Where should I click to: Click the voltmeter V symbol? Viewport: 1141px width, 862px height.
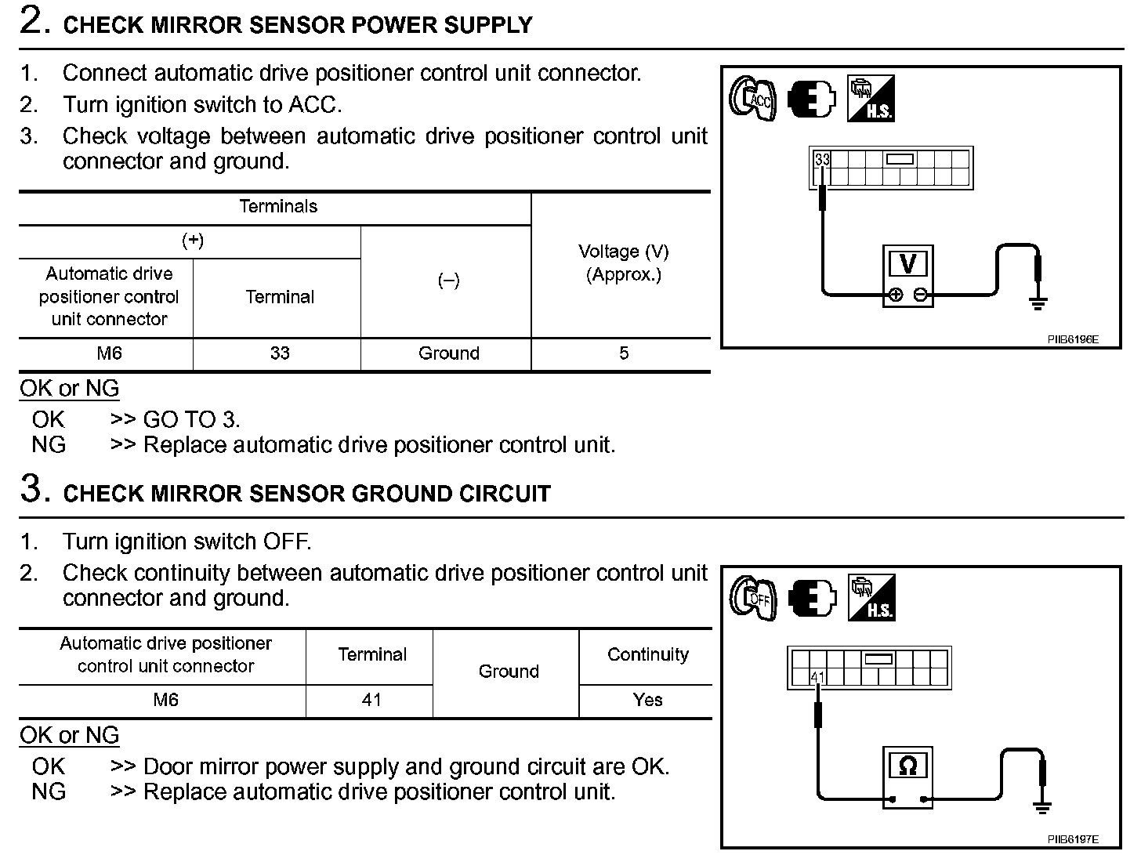[908, 264]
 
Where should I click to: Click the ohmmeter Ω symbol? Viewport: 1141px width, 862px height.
[907, 766]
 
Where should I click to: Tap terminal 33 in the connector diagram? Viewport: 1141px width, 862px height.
[821, 160]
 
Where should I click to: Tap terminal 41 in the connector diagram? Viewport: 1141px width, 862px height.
[817, 677]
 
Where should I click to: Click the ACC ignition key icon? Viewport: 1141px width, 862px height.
[753, 100]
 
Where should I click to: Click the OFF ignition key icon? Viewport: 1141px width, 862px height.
[753, 599]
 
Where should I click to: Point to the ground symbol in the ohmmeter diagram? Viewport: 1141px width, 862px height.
[1041, 805]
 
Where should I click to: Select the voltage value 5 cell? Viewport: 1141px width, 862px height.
[623, 353]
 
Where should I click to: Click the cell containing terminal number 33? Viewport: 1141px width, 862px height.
[280, 353]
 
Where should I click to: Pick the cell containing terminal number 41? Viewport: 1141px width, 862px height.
[371, 700]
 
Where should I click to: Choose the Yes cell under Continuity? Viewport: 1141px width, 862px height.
[647, 700]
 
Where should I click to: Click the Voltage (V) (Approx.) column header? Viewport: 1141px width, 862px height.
[623, 263]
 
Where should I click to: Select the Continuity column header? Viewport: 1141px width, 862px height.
[647, 655]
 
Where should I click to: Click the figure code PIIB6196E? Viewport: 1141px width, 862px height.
[1073, 340]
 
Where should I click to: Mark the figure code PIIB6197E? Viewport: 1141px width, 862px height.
[1073, 840]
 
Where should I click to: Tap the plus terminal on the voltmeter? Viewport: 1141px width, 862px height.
[896, 295]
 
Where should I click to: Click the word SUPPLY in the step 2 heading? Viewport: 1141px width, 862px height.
[487, 26]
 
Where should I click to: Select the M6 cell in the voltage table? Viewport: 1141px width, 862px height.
[109, 353]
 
